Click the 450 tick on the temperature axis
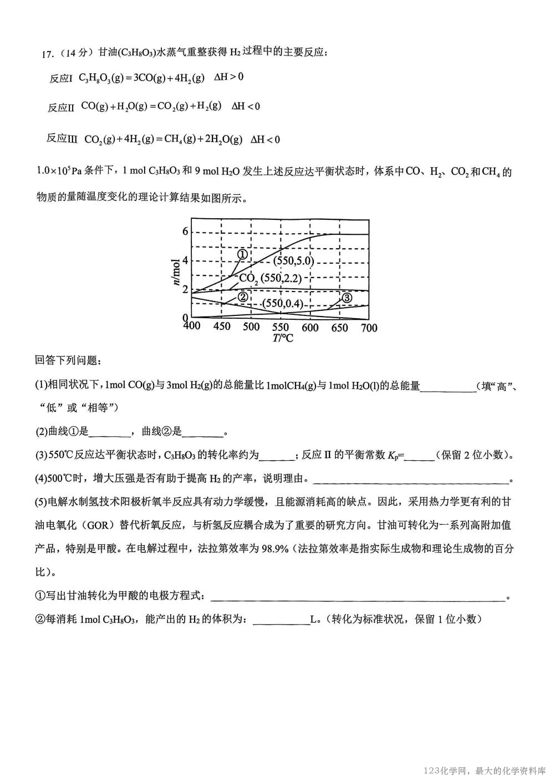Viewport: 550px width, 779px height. (x=221, y=326)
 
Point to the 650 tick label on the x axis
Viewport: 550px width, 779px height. (x=339, y=328)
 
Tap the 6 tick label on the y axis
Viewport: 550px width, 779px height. (x=185, y=232)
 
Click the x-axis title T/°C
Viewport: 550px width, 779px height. (x=282, y=338)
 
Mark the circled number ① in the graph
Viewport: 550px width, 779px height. (x=242, y=254)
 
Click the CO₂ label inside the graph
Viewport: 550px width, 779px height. (x=248, y=278)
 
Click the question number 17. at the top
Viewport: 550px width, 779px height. (x=48, y=53)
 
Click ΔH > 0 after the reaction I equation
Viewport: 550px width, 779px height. (x=228, y=77)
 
